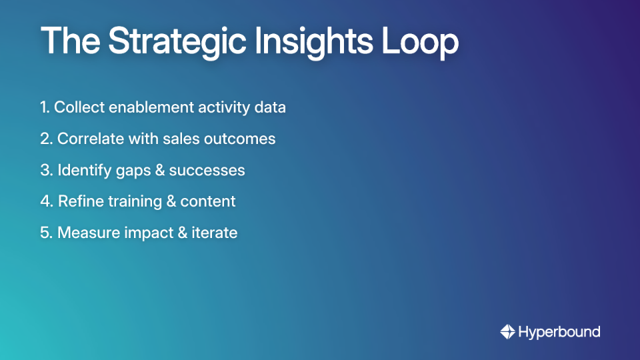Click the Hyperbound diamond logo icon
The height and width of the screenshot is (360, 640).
pyautogui.click(x=507, y=331)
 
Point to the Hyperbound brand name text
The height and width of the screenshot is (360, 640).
pyautogui.click(x=559, y=331)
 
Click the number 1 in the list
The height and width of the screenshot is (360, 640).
pyautogui.click(x=43, y=107)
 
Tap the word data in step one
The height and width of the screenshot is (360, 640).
pyautogui.click(x=270, y=107)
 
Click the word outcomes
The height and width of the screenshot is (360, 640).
pyautogui.click(x=243, y=139)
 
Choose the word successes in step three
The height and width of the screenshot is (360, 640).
pyautogui.click(x=207, y=170)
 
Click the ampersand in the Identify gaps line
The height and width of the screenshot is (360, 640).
pyautogui.click(x=159, y=170)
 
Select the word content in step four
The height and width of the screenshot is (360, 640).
pyautogui.click(x=207, y=201)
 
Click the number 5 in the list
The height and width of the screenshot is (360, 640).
pyautogui.click(x=44, y=233)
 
